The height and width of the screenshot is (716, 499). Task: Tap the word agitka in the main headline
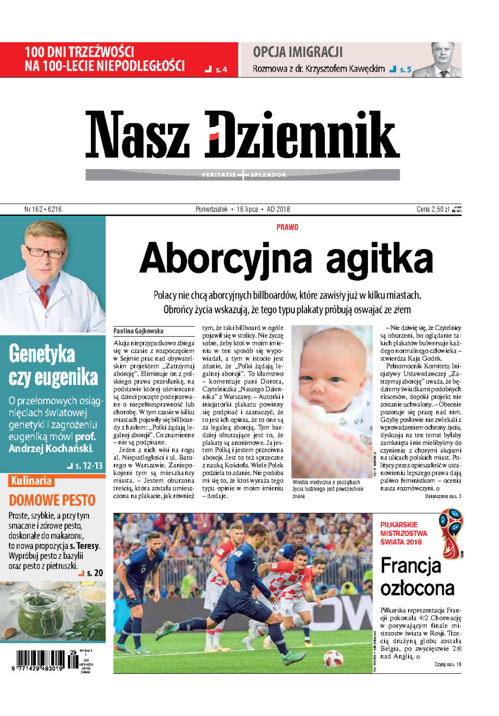point(379,259)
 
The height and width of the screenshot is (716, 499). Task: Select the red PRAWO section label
point(287,227)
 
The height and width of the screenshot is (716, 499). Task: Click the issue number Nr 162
point(33,209)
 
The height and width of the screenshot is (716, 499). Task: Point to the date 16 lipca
point(247,209)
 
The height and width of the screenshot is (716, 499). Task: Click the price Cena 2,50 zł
point(433,209)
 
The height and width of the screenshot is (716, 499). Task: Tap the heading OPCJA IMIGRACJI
point(298,52)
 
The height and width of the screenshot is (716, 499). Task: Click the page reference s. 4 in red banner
point(221,70)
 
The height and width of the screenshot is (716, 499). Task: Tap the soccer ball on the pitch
point(333,658)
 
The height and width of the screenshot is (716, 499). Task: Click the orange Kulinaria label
point(32,481)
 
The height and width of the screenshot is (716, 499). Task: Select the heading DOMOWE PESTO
point(52,501)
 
